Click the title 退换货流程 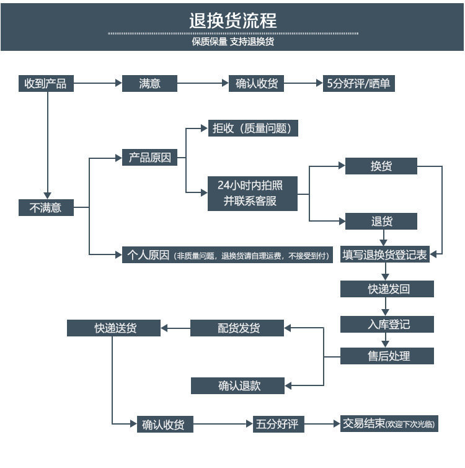(x=232, y=20)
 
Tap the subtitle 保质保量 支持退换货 (x=232, y=42)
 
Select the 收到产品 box (x=45, y=83)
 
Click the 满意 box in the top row (x=149, y=83)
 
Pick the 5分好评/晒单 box (x=359, y=83)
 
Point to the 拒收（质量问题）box (x=253, y=128)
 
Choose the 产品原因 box (x=149, y=158)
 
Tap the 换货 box (x=381, y=166)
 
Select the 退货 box (x=381, y=221)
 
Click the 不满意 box (x=45, y=207)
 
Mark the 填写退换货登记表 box (x=385, y=254)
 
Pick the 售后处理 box (x=387, y=356)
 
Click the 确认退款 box (x=237, y=385)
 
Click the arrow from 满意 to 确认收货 (x=203, y=83)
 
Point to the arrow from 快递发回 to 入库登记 (x=387, y=306)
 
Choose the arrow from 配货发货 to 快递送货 (x=175, y=328)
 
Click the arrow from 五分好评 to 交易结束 (x=322, y=425)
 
